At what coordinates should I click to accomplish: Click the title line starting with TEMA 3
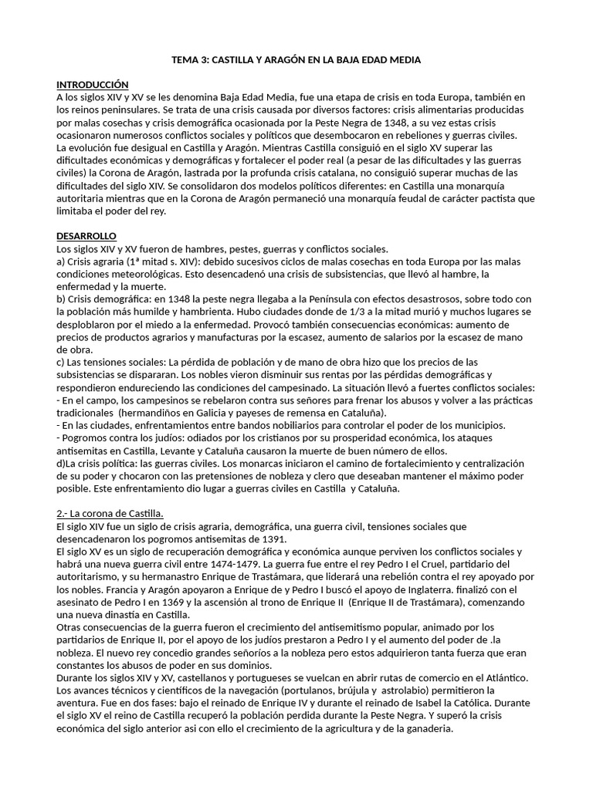[296, 59]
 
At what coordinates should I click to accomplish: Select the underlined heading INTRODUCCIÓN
[92, 84]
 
